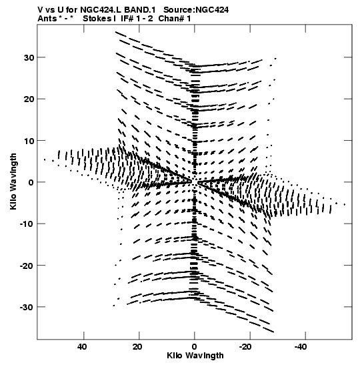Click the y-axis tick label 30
(29, 58)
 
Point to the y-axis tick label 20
(29, 99)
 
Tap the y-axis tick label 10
(29, 141)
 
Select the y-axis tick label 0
(31, 183)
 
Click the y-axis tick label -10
(27, 224)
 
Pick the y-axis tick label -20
(27, 266)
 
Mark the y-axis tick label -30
(27, 307)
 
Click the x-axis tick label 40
(82, 347)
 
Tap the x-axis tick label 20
(138, 347)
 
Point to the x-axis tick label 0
(195, 347)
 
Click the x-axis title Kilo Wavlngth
(195, 356)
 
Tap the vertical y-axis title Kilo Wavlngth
(13, 181)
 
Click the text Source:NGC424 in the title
(196, 10)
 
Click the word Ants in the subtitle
(47, 19)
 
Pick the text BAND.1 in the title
(140, 10)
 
